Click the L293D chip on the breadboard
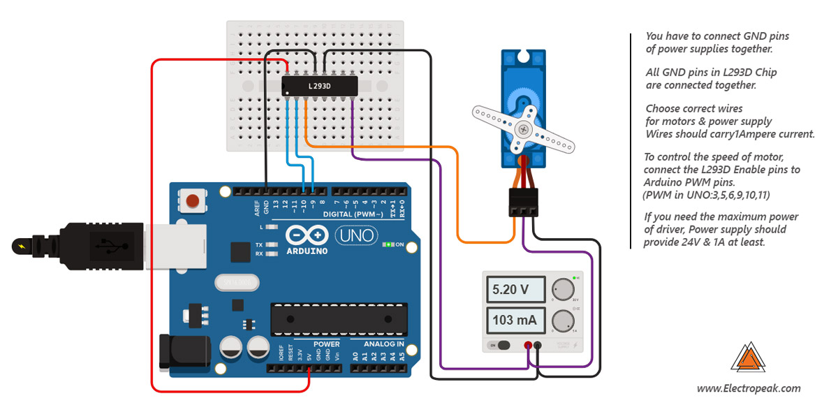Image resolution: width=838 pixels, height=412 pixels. pos(320,86)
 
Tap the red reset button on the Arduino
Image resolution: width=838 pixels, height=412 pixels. pos(192,203)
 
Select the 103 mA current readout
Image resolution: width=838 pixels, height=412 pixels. pos(515,321)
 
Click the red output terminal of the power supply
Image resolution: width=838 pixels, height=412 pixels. pos(528,345)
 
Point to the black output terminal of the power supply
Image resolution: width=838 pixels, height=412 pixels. pos(538,345)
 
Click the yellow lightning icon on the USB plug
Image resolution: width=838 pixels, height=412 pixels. pos(18,246)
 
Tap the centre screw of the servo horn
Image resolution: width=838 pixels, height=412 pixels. pos(522,128)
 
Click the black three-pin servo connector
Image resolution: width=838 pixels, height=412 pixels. pos(523,202)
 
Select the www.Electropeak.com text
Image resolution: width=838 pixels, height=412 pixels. pos(749,389)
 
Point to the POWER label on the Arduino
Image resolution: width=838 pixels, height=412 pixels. pos(326,344)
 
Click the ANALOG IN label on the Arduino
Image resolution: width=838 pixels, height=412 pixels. pos(383,344)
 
